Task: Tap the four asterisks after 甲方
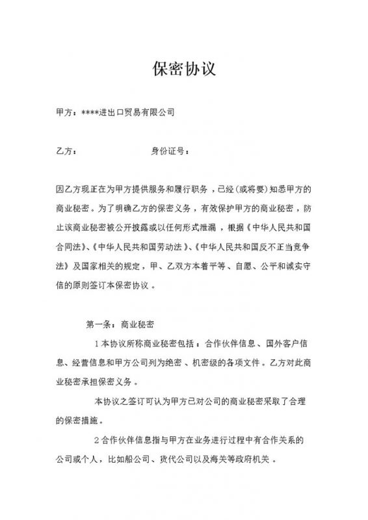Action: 91,112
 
